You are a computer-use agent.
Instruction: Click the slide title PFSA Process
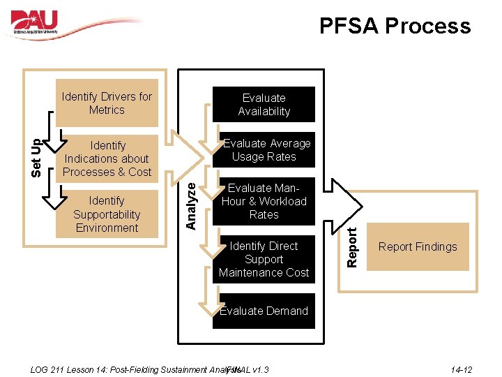click(395, 26)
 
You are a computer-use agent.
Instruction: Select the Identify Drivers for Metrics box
click(107, 103)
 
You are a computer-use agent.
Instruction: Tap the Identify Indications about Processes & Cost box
click(107, 158)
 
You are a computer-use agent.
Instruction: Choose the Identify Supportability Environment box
click(107, 214)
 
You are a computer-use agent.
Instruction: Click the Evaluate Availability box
click(264, 105)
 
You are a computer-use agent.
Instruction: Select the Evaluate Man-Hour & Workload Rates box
click(264, 201)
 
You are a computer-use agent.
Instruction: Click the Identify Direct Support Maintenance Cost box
click(264, 259)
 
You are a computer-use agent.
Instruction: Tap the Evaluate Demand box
click(264, 311)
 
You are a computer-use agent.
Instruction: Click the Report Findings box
click(418, 246)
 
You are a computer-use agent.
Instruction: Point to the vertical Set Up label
click(39, 158)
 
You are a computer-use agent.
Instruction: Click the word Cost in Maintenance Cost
click(294, 272)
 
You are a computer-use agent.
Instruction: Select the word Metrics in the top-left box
click(107, 110)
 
